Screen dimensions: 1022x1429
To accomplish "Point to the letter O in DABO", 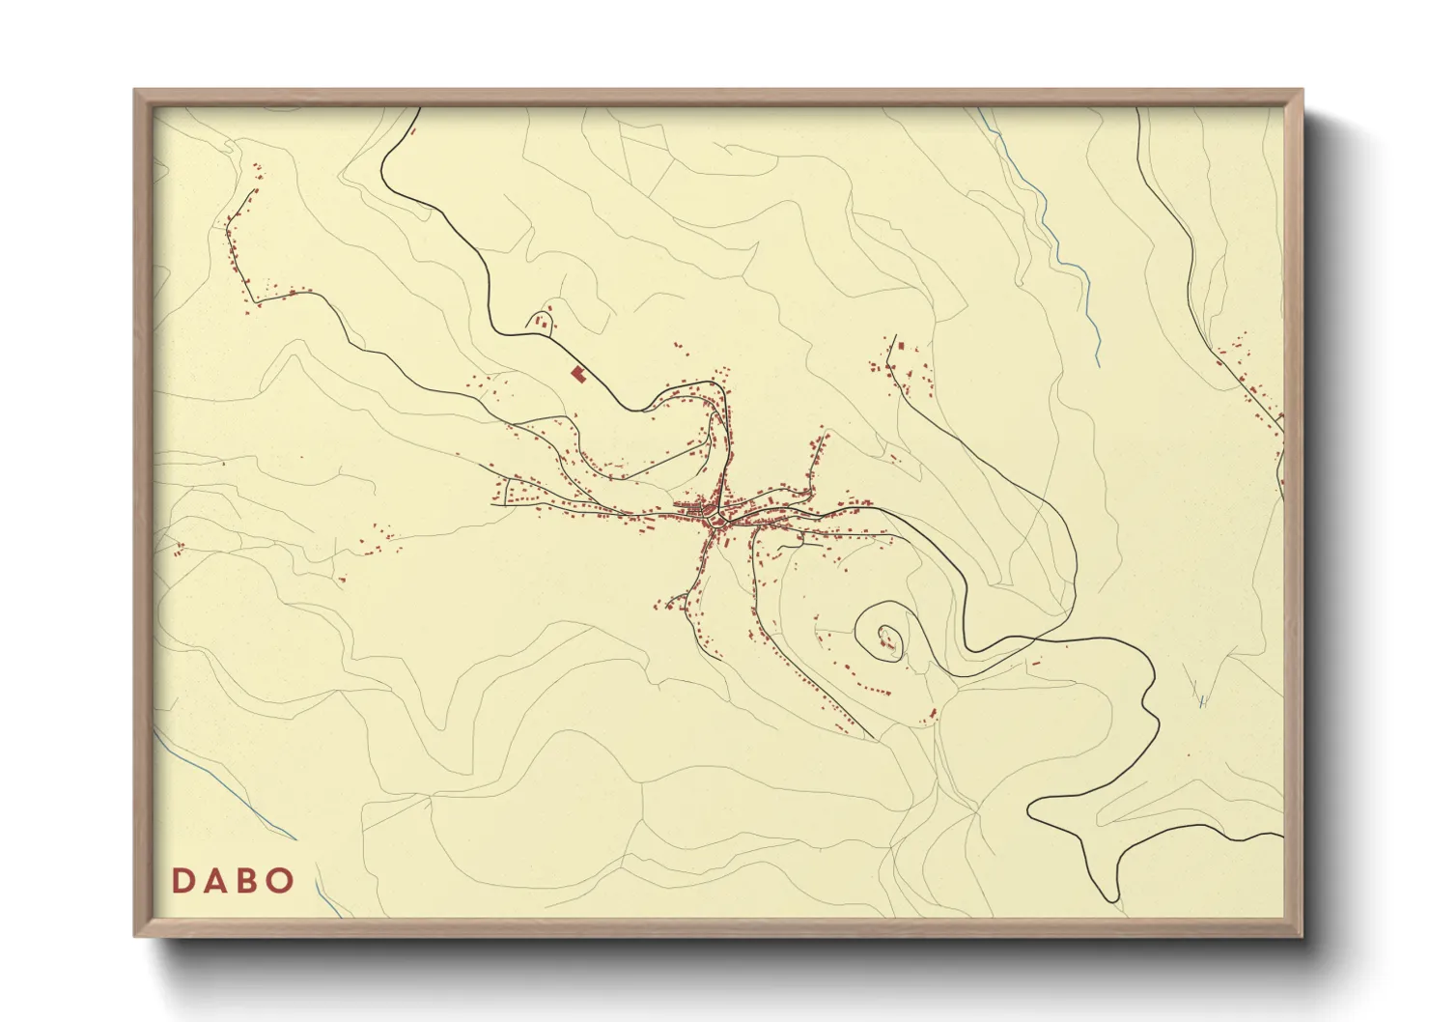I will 280,881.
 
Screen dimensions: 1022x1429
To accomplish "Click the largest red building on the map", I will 578,373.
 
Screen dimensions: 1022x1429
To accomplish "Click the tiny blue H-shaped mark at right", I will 1203,702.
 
